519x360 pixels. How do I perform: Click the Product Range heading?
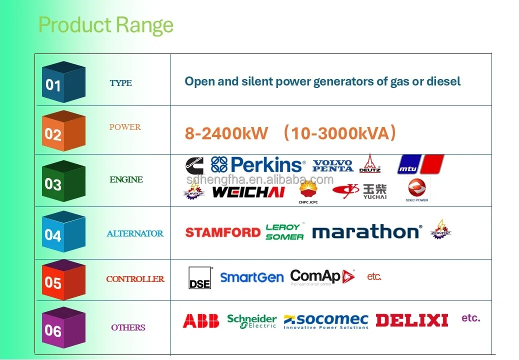coord(105,24)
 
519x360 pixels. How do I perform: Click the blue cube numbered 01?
coord(63,82)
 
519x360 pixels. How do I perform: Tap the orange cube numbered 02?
coord(63,131)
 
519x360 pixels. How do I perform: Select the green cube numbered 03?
coord(63,181)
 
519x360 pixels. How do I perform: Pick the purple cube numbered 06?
coord(63,327)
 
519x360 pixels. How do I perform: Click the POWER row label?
coord(125,127)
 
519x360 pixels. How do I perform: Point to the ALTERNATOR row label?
coord(134,233)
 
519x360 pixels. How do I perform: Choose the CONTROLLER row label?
coord(135,279)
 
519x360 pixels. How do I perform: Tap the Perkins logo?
coord(258,164)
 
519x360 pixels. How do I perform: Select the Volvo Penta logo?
coord(332,165)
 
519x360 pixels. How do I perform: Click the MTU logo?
coord(420,164)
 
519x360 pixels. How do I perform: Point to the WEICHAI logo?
coord(248,191)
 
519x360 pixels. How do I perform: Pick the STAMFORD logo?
coord(222,232)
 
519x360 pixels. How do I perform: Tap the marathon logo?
coord(366,232)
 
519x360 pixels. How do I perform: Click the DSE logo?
coord(199,277)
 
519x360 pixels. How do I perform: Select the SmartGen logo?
coord(251,277)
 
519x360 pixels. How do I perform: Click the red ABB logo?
coord(200,320)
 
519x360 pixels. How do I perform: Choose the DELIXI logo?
coord(411,320)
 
